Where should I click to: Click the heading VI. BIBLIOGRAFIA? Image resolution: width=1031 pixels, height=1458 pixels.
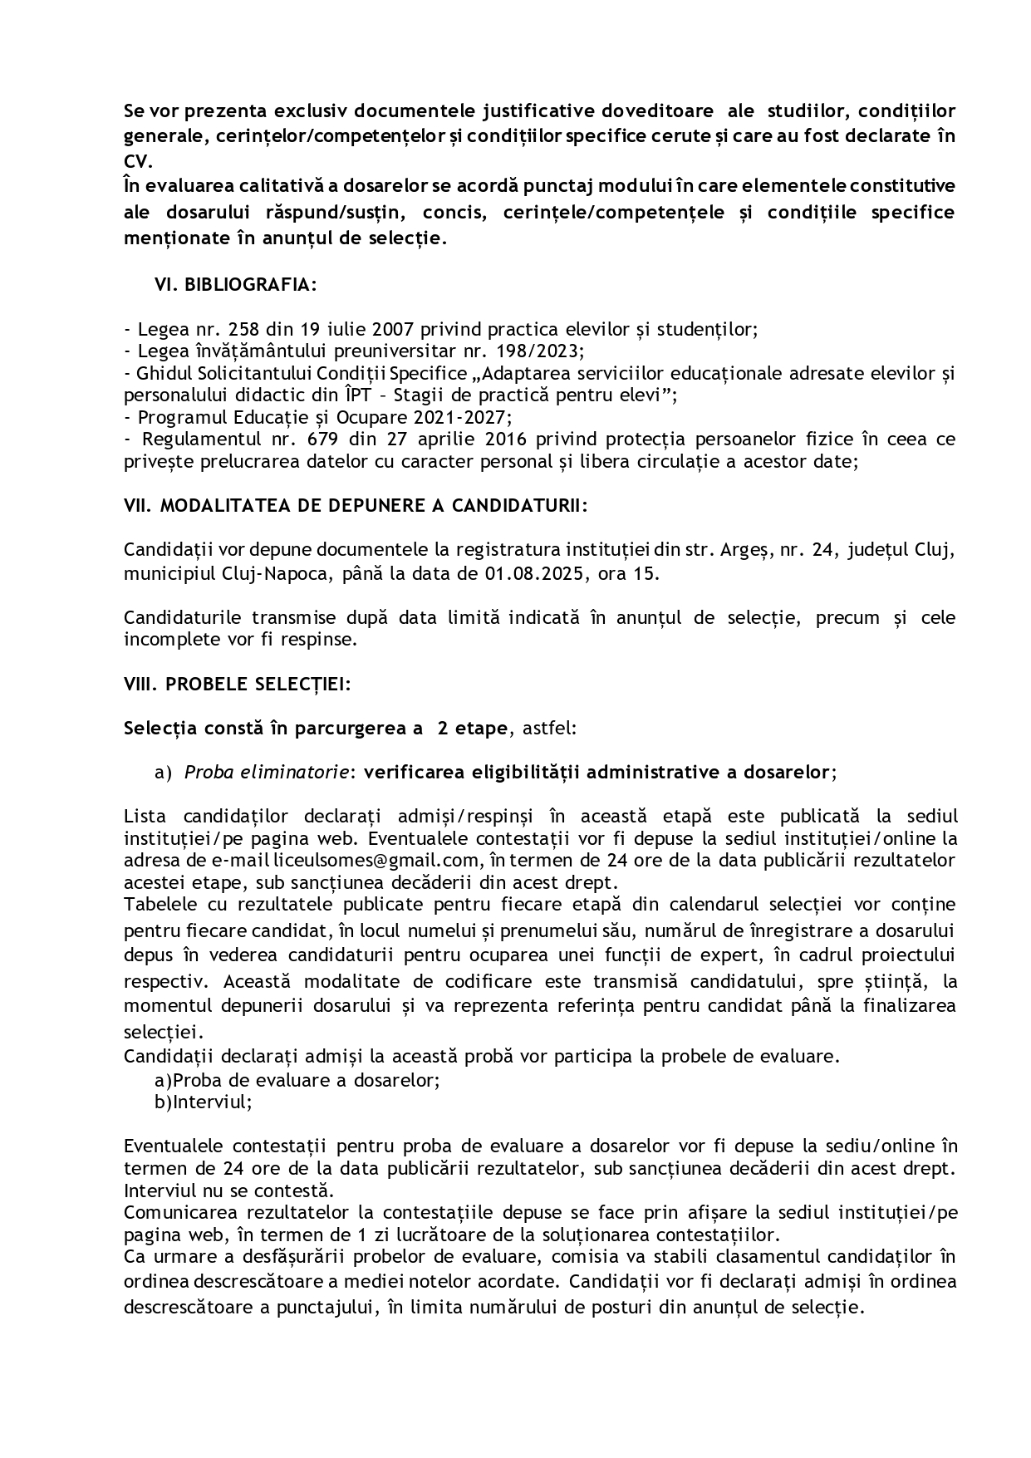click(235, 285)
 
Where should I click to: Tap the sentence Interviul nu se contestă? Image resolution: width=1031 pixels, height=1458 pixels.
click(228, 1190)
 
